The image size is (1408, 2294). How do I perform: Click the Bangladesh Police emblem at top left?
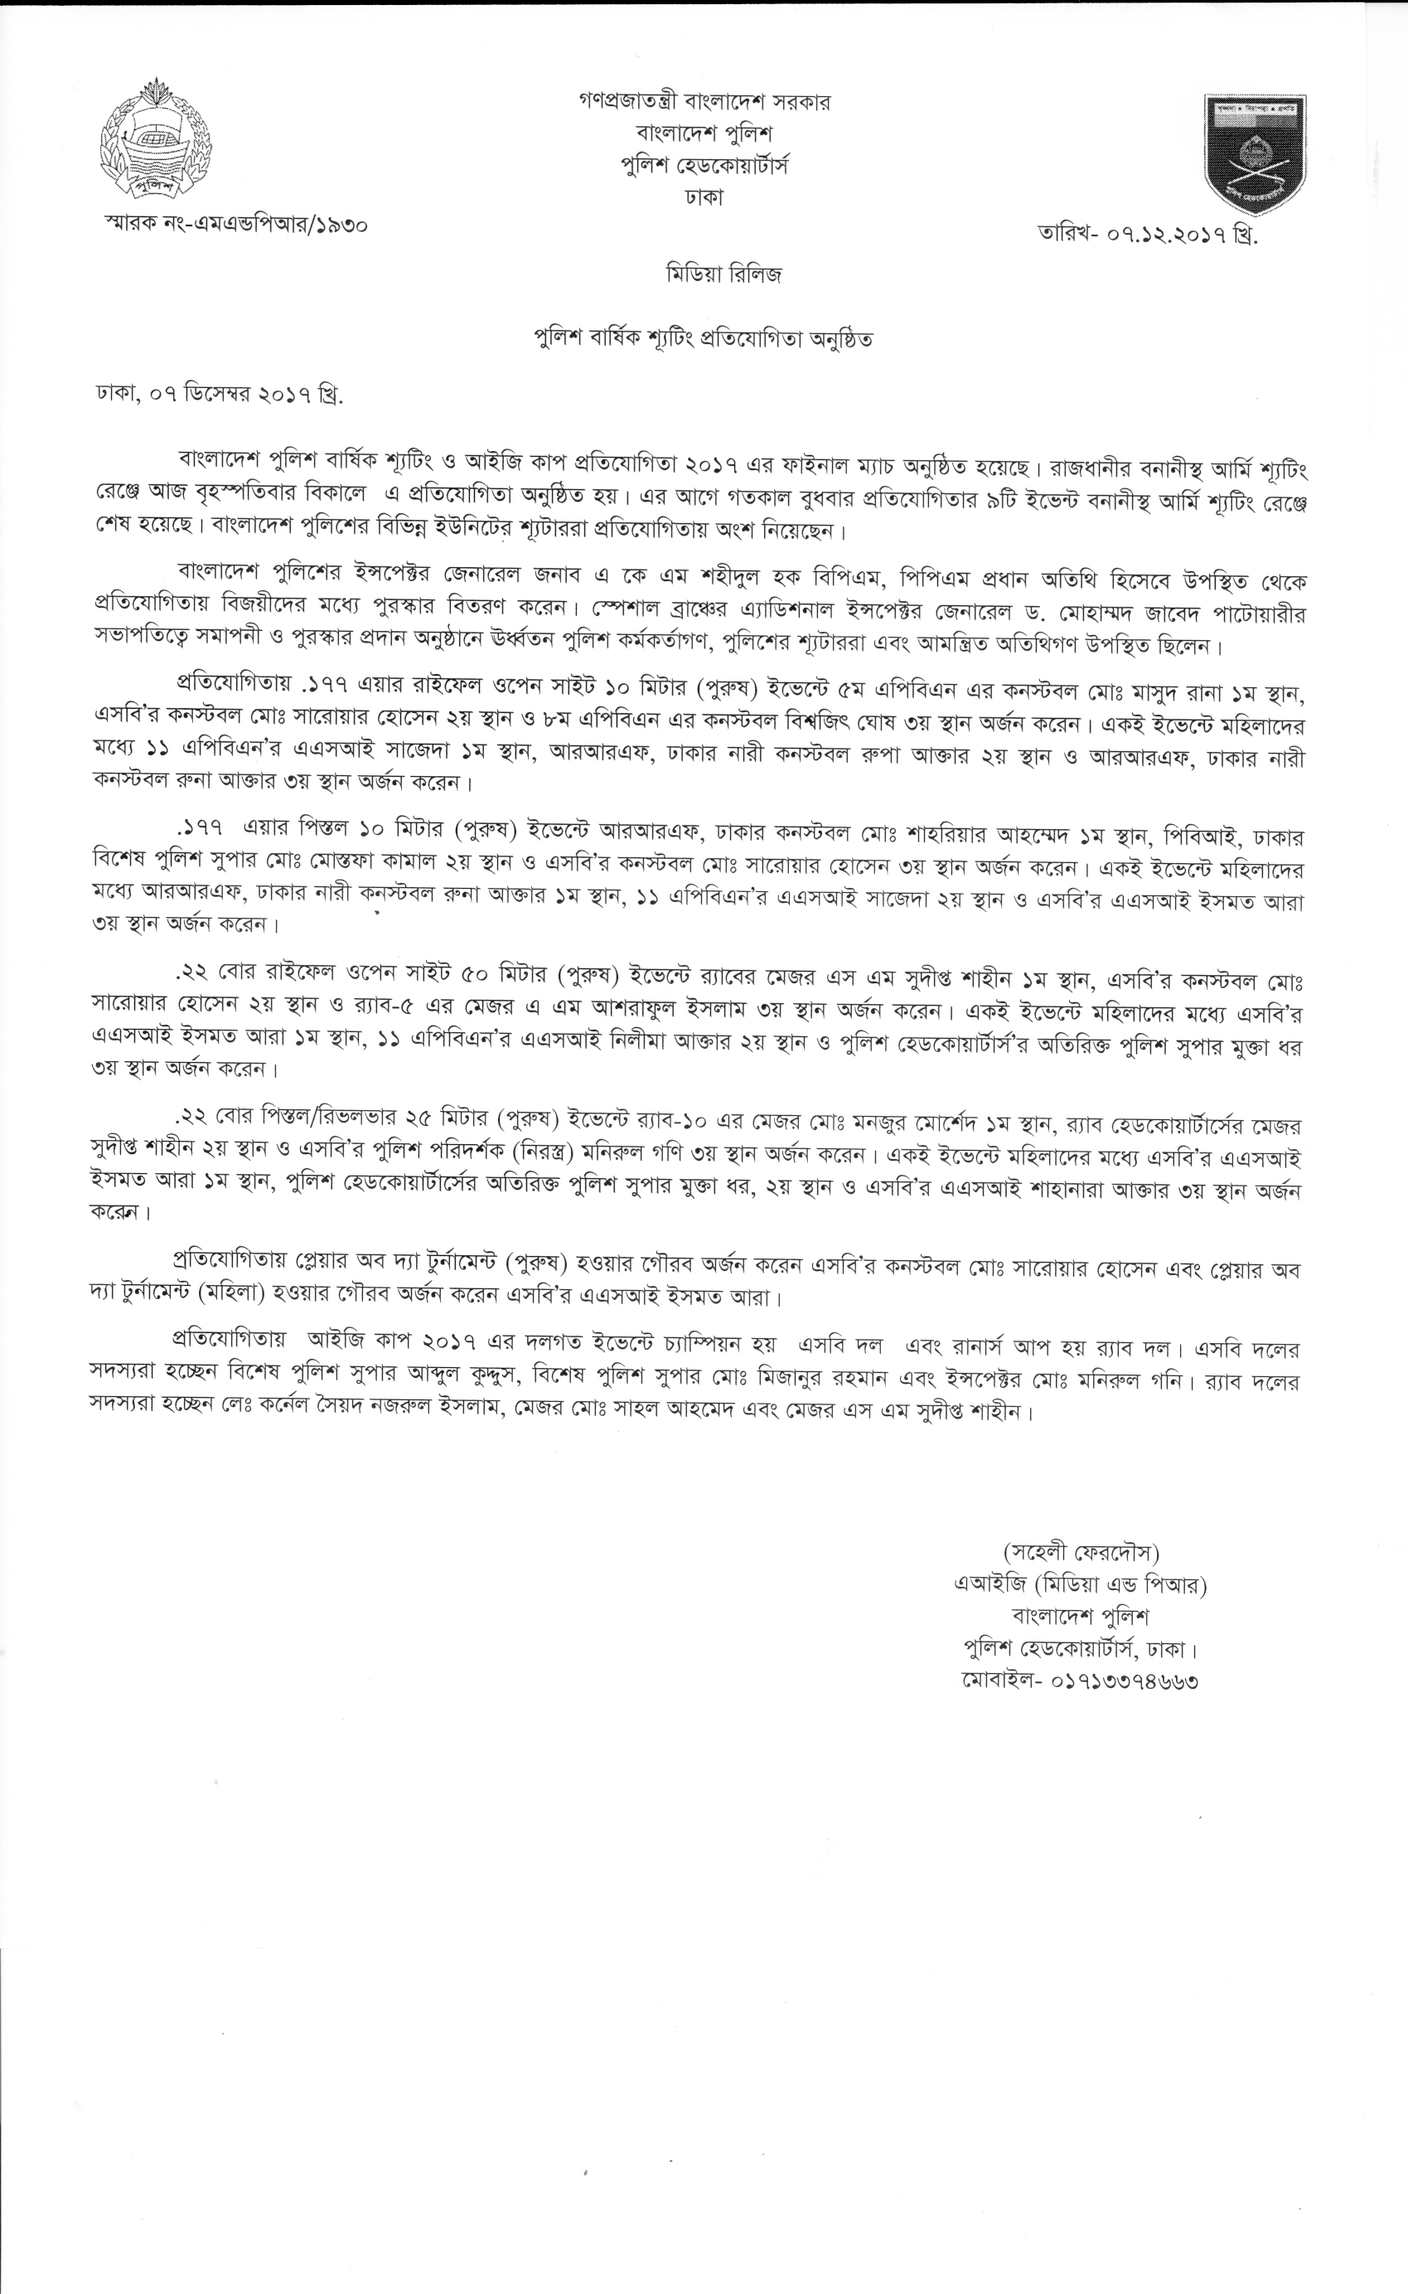pos(156,140)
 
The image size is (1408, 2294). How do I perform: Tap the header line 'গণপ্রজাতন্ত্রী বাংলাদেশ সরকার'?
pos(704,101)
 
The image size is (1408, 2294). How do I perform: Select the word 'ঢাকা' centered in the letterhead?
pos(704,196)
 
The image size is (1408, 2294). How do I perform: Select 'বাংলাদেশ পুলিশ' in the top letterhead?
pos(704,133)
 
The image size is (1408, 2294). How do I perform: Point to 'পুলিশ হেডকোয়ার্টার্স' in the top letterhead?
pos(704,165)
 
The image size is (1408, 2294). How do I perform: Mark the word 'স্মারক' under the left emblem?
pos(133,225)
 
